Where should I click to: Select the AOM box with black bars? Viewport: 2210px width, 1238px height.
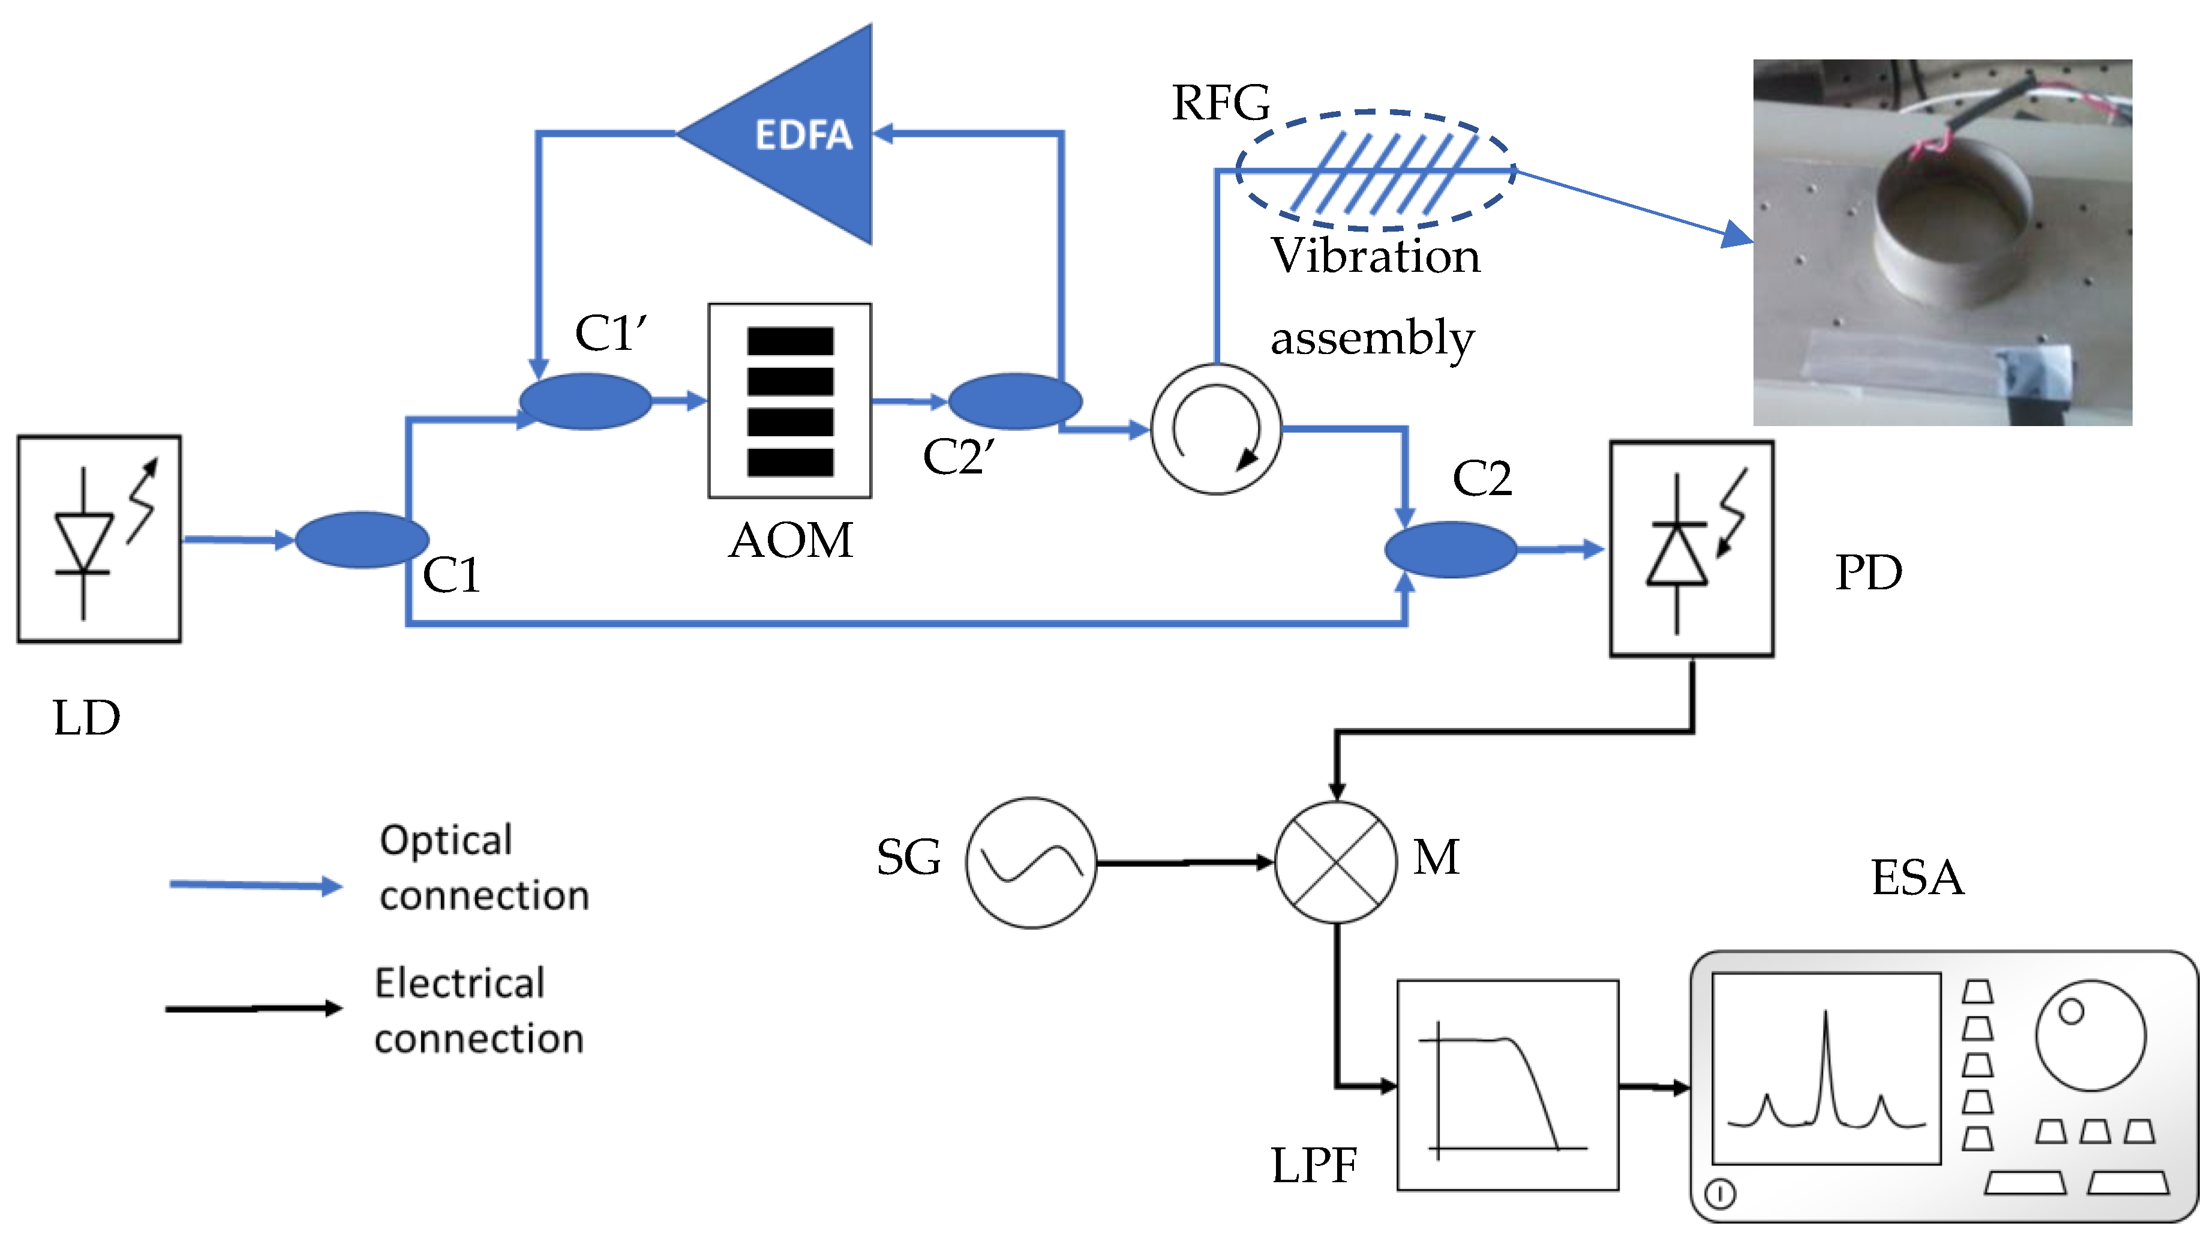point(789,401)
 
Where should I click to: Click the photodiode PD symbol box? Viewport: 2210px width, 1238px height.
point(1691,549)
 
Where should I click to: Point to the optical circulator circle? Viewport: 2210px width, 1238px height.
point(1215,429)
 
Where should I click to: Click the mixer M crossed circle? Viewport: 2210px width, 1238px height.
point(1336,862)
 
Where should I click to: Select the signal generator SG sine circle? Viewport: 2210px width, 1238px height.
point(1031,862)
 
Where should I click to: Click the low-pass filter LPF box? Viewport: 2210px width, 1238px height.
point(1508,1086)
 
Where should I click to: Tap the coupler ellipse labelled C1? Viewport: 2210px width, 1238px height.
point(361,539)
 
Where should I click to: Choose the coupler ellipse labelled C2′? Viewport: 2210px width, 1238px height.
point(1015,401)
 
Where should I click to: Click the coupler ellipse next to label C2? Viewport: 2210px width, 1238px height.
point(1450,550)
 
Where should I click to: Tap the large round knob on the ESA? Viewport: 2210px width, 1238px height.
point(2090,1036)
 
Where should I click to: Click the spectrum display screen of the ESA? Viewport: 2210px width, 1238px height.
point(1825,1068)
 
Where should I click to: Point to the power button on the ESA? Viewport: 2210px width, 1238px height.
point(1719,1194)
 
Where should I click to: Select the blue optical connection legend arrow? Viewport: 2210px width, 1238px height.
point(255,885)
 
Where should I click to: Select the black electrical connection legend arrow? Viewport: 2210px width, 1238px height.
point(253,1008)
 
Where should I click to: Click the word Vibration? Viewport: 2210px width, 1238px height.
point(1375,256)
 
